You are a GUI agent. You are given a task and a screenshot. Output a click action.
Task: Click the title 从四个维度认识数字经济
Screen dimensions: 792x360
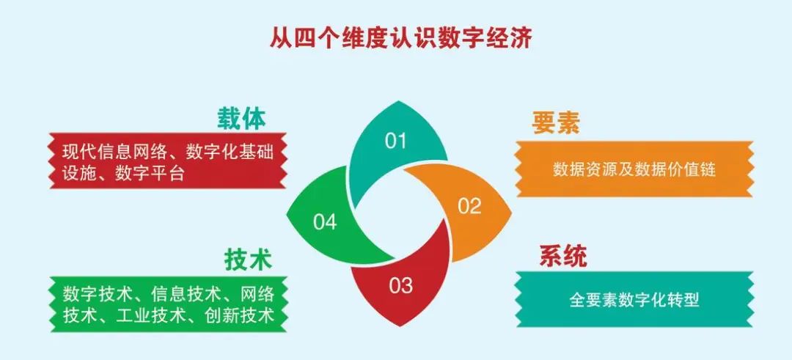(x=400, y=37)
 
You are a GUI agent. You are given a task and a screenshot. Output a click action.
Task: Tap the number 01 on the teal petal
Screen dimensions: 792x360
(x=395, y=141)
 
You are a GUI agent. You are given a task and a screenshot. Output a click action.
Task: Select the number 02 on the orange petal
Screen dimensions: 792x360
(x=470, y=206)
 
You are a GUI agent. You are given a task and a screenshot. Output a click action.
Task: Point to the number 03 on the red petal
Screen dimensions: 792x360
(x=401, y=286)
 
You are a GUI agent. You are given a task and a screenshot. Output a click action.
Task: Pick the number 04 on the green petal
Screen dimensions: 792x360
(x=324, y=221)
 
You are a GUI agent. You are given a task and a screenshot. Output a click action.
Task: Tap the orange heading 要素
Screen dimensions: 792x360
(x=556, y=122)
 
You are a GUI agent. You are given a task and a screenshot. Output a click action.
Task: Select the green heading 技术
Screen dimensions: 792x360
(x=248, y=260)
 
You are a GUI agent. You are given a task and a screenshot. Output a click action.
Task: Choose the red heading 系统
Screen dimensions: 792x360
(x=563, y=257)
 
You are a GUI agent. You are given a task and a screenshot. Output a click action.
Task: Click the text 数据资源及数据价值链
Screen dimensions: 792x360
(x=634, y=169)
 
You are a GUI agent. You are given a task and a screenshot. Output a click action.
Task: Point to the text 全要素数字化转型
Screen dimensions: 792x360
(x=634, y=299)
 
